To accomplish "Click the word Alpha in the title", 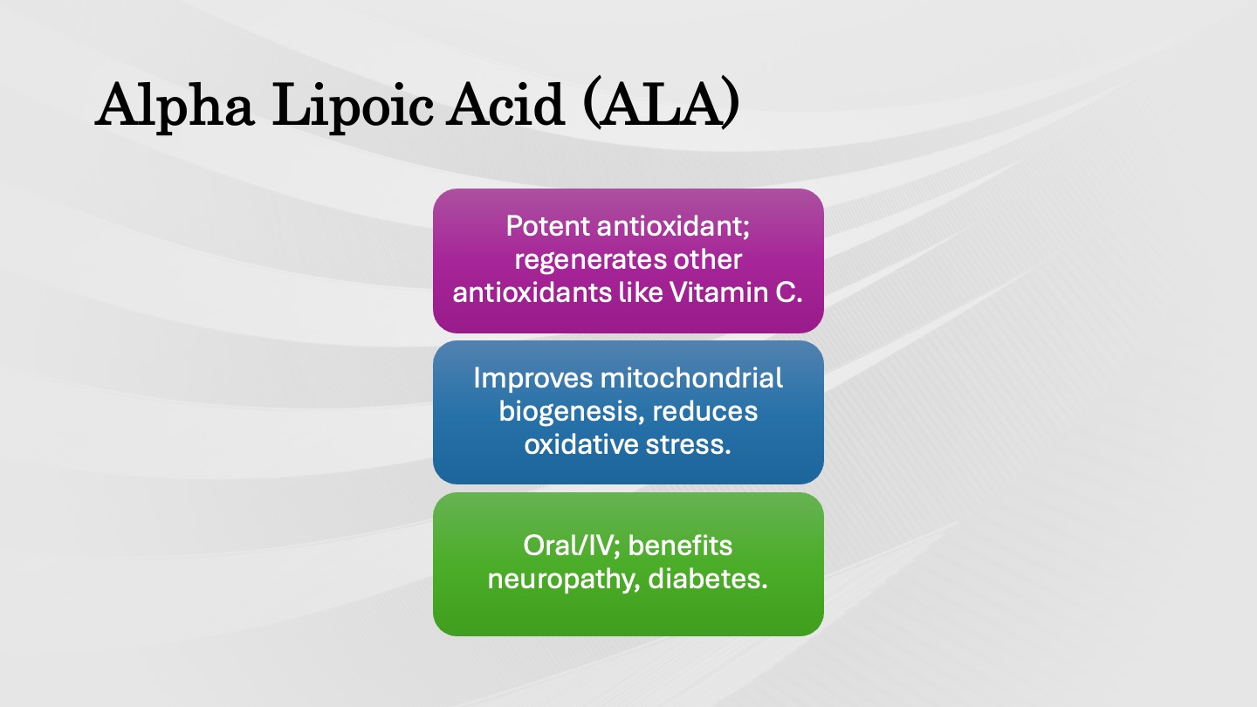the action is click(175, 106).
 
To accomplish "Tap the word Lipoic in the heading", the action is click(353, 106).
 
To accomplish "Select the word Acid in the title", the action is click(505, 105).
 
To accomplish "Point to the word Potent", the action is click(547, 226).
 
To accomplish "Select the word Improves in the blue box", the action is click(532, 379).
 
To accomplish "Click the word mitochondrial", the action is click(691, 378).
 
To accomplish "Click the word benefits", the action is click(680, 546).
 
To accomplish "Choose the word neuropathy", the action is click(563, 580).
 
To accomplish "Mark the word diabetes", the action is click(708, 579).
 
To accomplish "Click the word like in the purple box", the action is click(641, 292).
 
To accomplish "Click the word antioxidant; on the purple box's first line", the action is click(673, 227).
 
